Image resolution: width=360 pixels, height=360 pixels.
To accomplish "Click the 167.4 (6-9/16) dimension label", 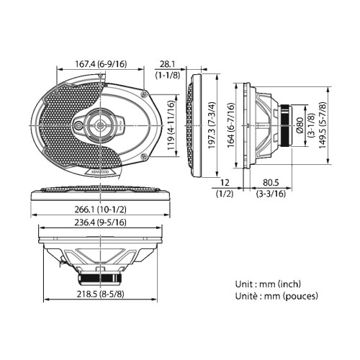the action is coord(101,64).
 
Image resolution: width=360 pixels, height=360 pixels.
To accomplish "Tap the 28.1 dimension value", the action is coord(167,64).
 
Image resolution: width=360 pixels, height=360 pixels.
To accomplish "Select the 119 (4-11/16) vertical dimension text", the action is coord(171,125).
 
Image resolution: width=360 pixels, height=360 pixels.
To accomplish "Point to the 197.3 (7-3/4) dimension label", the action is coord(212,125).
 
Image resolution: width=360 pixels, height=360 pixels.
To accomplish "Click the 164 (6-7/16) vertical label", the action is coord(230,125).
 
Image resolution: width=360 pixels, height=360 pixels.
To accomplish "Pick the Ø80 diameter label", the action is coord(300,125).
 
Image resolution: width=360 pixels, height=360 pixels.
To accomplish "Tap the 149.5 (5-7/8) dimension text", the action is coord(323,125).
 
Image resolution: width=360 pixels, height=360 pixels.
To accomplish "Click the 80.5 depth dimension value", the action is coord(271,183).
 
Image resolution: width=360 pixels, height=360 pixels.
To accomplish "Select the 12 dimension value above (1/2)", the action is coord(225,183).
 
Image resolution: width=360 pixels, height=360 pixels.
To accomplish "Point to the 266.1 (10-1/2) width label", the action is coord(100,210).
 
